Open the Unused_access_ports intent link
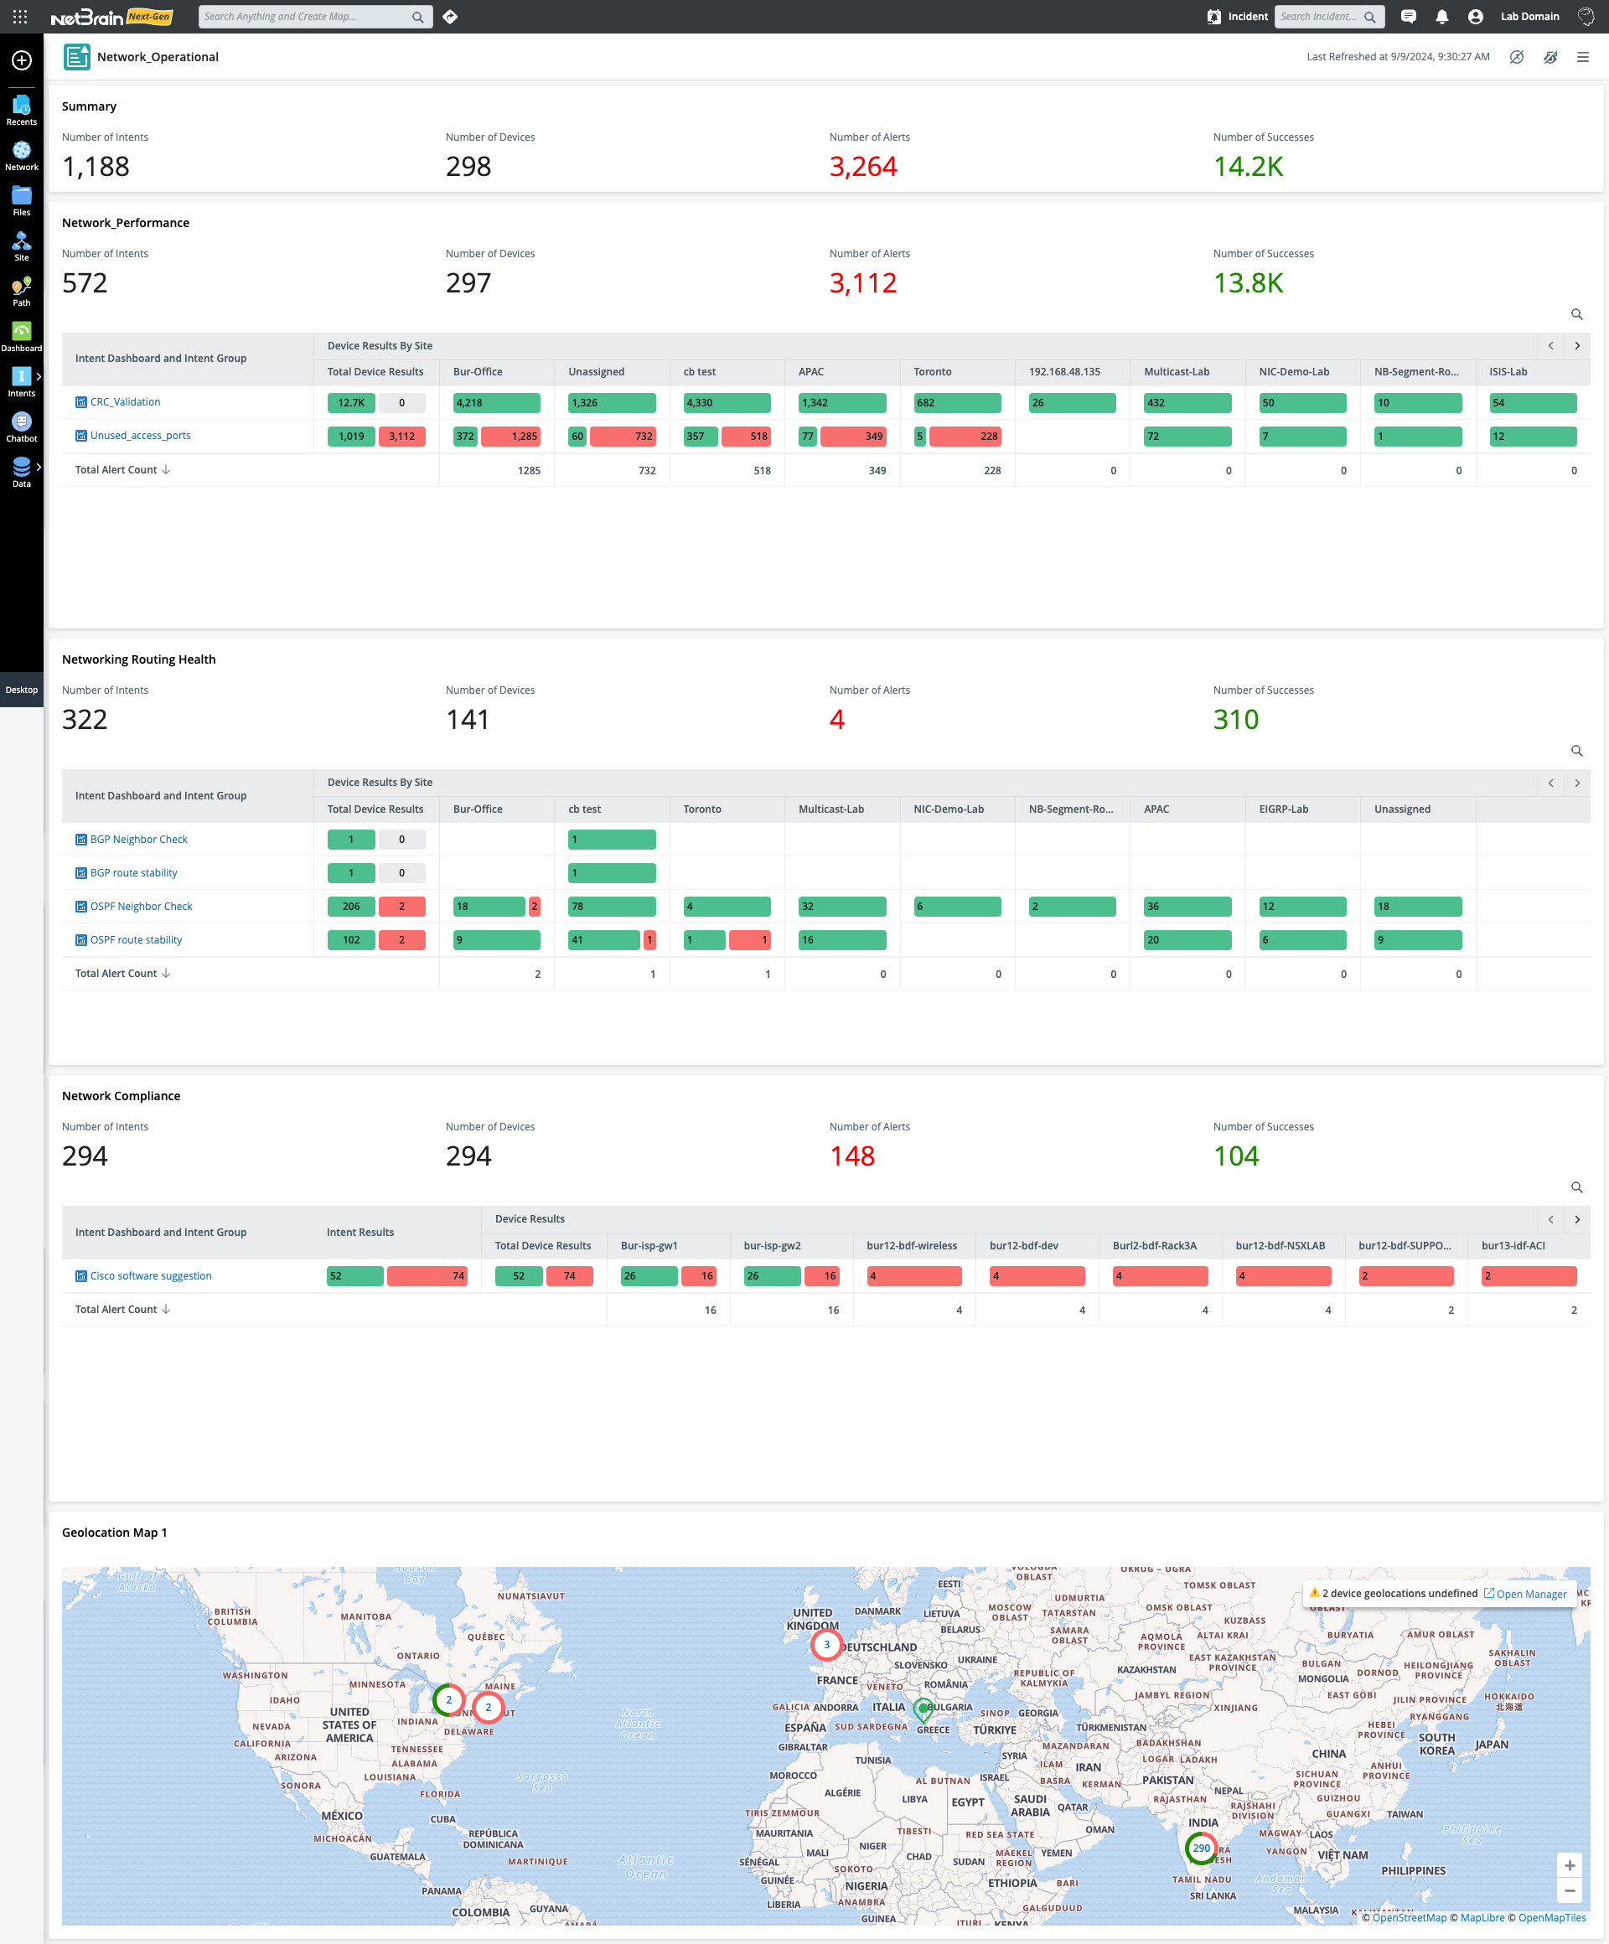pos(140,436)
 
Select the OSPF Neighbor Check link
pos(141,907)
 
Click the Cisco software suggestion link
pos(151,1275)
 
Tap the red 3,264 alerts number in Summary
pos(863,167)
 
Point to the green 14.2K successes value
pos(1248,167)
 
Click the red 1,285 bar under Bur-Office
pos(511,436)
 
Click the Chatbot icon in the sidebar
pos(21,426)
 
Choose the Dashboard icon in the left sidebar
pos(21,335)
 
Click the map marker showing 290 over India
pos(1201,1848)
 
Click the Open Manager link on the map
pos(1530,1594)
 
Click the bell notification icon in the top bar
pos(1441,17)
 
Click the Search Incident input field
pos(1319,17)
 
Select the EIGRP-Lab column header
pos(1283,809)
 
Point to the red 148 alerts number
pos(851,1156)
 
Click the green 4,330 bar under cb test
pos(727,403)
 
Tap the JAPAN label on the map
pos(1492,1744)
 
